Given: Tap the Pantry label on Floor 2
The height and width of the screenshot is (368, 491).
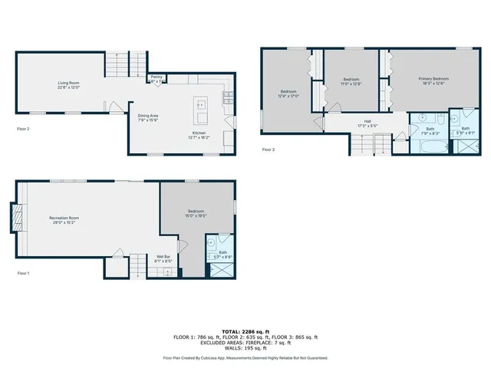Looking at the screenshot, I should click(157, 78).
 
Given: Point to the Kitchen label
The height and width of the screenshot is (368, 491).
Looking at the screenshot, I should click(199, 135).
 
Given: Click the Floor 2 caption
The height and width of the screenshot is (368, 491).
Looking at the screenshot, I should click(23, 129).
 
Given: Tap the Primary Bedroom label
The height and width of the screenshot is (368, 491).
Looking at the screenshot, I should click(433, 80).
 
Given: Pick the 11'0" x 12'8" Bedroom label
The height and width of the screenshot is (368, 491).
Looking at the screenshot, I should click(351, 81).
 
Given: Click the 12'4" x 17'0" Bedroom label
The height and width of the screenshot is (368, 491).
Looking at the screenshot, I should click(289, 94).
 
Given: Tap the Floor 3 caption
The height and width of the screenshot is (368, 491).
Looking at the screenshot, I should click(269, 149).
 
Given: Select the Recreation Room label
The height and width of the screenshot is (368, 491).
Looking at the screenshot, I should click(64, 219).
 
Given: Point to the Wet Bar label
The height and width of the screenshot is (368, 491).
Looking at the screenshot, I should click(163, 258).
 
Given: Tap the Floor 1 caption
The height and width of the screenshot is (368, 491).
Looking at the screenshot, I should click(23, 273).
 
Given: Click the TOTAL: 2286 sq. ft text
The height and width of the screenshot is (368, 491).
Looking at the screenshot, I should click(245, 330).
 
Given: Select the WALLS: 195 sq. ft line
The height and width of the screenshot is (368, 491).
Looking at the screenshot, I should click(245, 348).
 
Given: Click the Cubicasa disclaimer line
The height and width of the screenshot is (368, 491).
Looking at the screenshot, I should click(245, 357).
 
